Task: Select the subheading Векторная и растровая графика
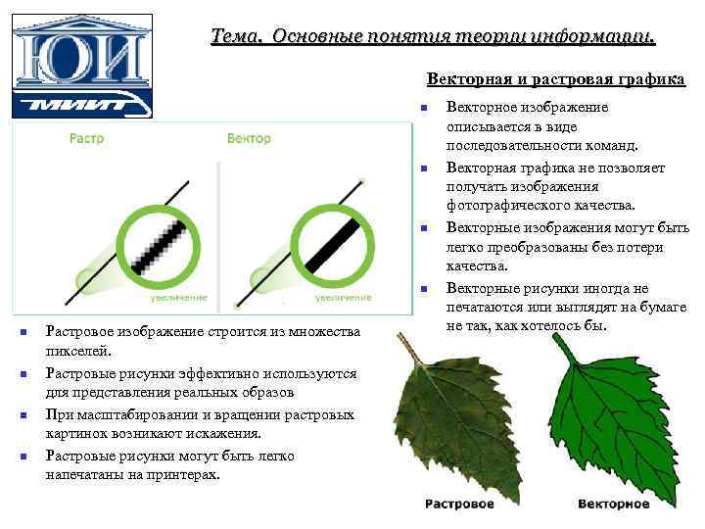(555, 79)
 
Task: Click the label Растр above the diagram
(87, 139)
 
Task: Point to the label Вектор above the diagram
(249, 139)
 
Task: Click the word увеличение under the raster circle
(179, 296)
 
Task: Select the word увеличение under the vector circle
(343, 296)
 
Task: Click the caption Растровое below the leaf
(459, 504)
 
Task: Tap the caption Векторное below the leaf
(613, 504)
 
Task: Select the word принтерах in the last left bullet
(185, 474)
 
